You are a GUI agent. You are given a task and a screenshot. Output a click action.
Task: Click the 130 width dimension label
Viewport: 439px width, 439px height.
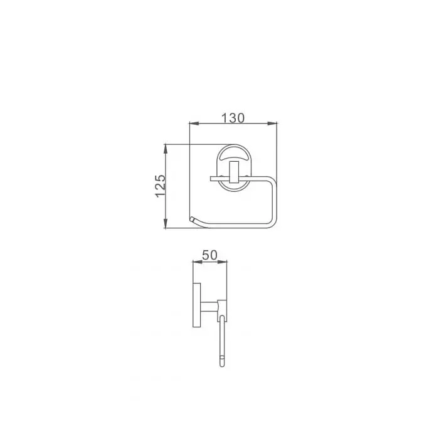click(x=233, y=118)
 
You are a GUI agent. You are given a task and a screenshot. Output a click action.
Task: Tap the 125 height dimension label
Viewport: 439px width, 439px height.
click(x=161, y=186)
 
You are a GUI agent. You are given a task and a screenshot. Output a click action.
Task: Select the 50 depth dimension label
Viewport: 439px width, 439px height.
click(x=209, y=255)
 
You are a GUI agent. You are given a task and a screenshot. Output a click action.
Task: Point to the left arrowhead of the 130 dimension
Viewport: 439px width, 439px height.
click(x=194, y=123)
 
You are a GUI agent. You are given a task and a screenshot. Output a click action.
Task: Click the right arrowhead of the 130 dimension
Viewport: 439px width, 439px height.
click(x=272, y=123)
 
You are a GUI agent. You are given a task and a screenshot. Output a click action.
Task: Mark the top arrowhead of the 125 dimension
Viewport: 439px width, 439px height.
click(x=166, y=149)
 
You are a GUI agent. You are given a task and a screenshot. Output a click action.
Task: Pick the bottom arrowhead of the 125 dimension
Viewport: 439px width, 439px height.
click(x=166, y=223)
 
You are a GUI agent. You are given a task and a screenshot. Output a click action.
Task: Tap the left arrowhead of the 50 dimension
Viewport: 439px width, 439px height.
click(x=198, y=262)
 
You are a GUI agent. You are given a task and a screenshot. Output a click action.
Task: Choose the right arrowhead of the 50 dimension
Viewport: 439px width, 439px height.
click(x=222, y=262)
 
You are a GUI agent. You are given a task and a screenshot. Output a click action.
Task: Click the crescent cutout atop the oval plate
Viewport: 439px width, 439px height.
click(x=234, y=156)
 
